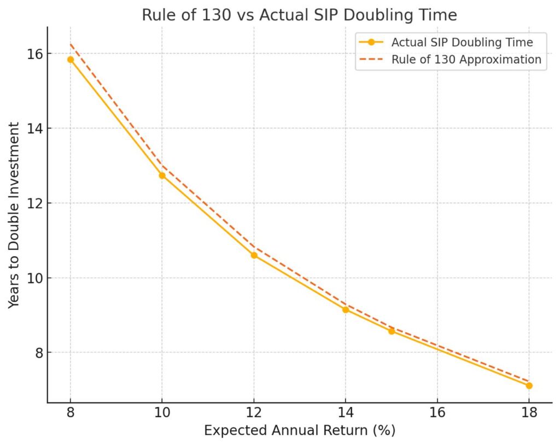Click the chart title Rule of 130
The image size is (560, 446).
coord(299,15)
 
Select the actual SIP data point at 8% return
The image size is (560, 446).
coord(71,60)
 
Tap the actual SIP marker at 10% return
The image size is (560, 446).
coord(162,175)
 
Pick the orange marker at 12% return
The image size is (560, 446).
coord(254,255)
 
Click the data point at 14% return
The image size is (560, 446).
coord(346,310)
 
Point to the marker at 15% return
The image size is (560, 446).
coord(392,331)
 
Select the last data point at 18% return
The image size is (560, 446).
coord(529,385)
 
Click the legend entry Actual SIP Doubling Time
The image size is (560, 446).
coord(462,42)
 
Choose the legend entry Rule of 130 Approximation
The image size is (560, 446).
coord(466,60)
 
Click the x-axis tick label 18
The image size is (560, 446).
coord(529,412)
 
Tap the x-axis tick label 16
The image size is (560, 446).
coord(437,412)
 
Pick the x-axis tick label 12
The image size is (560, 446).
coord(254,412)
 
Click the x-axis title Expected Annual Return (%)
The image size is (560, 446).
coord(299,431)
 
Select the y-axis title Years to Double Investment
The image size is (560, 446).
coord(15,215)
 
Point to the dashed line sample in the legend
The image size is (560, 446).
coord(372,60)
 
